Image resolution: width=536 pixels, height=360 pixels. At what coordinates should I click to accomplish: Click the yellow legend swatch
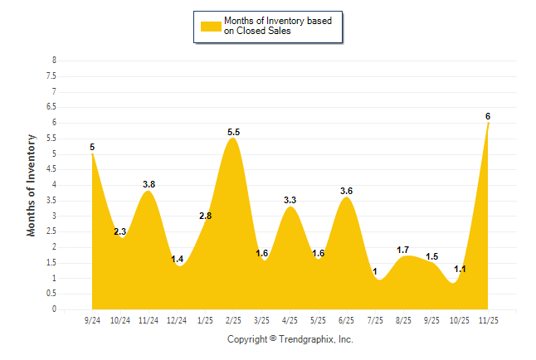[212, 25]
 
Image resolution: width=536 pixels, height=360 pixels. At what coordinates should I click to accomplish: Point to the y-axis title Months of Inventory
[32, 186]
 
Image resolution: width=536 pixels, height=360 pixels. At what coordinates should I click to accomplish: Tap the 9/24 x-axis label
[92, 319]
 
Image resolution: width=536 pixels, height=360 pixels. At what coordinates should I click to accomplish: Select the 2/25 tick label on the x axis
[233, 319]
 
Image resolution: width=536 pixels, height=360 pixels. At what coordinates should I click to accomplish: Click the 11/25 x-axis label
[487, 319]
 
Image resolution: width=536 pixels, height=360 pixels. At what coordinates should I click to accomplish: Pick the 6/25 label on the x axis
[346, 319]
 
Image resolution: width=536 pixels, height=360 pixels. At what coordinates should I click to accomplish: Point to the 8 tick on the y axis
[54, 61]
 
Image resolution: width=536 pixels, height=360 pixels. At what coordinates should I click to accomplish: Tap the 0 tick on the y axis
[54, 309]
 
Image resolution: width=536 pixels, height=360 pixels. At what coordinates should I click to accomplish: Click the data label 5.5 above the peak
[233, 132]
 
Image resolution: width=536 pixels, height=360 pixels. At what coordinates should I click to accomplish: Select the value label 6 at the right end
[488, 116]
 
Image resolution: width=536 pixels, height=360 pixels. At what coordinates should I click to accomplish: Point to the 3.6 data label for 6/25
[347, 191]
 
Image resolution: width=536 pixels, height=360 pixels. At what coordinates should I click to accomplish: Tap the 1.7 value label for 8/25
[403, 250]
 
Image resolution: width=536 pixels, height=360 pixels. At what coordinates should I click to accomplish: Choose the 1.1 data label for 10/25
[460, 269]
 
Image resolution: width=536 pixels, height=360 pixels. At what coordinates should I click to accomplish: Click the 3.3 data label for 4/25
[290, 200]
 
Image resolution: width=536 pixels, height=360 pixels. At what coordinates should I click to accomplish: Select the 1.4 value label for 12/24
[177, 260]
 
